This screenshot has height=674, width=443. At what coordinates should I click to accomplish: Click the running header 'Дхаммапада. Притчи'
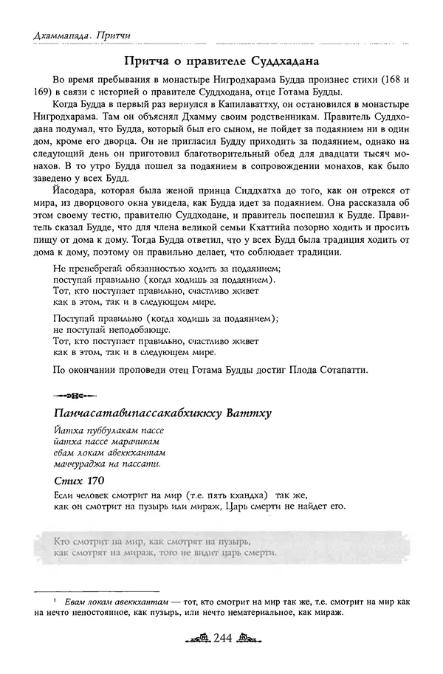tap(83, 35)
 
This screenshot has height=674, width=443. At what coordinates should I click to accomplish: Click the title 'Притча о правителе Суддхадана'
tap(221, 60)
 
